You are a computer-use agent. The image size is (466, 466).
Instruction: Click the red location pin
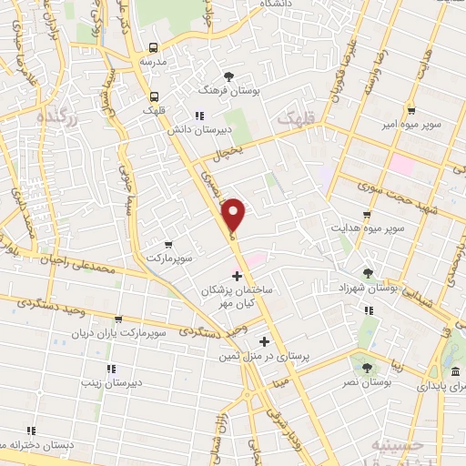click(x=235, y=215)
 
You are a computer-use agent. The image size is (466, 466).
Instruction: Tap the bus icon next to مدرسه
click(x=153, y=47)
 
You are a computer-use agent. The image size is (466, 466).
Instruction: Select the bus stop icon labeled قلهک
click(x=154, y=96)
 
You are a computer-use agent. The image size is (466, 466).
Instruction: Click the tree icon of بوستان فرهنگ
click(x=228, y=76)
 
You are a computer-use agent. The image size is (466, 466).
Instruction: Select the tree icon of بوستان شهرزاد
click(x=368, y=273)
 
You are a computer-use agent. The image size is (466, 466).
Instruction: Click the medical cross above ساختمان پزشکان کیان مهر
click(x=238, y=276)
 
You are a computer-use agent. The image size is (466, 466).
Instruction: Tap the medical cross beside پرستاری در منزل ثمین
click(x=265, y=343)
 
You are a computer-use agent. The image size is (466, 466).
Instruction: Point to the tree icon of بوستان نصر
click(x=367, y=369)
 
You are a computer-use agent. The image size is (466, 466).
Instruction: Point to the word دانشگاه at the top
click(x=277, y=5)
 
